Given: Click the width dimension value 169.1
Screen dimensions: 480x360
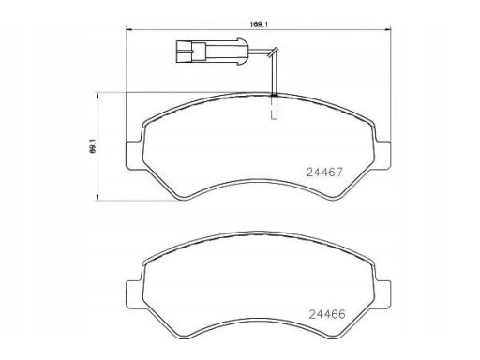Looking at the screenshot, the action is pos(259,24).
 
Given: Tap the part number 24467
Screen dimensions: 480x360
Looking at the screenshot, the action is pos(324,172).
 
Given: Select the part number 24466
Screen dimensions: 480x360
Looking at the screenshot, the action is pos(327,314).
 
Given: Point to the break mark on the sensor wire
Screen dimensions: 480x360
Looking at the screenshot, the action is pos(273,52).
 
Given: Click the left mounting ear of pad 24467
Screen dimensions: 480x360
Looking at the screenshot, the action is pos(134,156).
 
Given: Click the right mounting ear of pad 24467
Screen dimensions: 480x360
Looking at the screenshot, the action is pos(382,156).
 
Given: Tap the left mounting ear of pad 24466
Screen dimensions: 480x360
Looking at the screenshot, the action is pos(134,294).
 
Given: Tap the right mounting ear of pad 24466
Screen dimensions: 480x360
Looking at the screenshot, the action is pos(382,294).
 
